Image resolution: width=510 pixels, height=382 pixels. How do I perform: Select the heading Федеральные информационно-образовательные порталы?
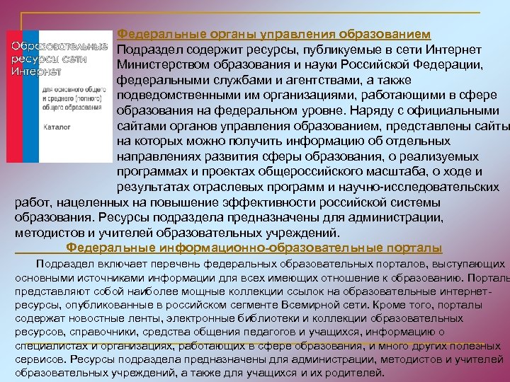click(254, 248)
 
